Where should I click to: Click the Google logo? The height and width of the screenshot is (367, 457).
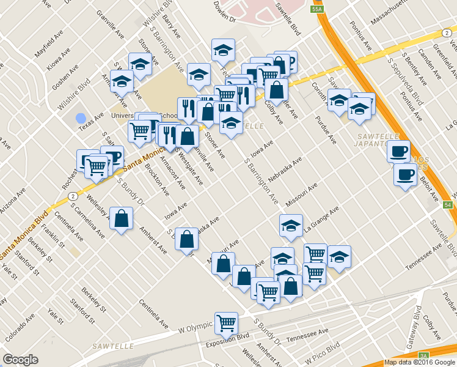21,360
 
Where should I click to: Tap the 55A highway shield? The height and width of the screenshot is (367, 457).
316,9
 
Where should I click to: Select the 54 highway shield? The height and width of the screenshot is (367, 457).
448,204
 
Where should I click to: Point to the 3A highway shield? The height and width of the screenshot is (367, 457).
423,355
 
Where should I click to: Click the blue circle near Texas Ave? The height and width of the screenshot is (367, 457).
81,118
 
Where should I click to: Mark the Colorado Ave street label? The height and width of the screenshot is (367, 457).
21,327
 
